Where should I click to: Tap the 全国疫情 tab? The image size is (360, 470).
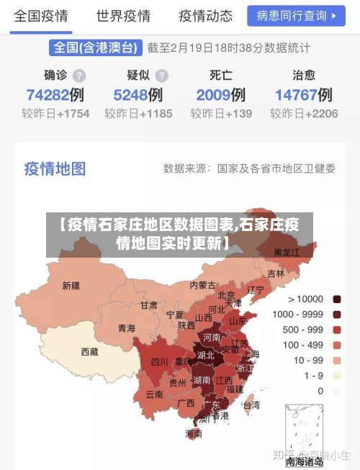point(41,16)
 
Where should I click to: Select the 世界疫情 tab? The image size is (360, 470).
point(123,16)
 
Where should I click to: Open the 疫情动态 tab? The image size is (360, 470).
point(205,16)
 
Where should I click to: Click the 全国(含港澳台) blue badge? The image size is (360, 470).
point(95,48)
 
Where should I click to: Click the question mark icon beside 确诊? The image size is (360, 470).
point(79,75)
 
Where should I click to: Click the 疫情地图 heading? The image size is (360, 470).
point(55,168)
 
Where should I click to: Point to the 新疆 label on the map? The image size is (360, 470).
point(71,286)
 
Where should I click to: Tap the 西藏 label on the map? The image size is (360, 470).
point(89,352)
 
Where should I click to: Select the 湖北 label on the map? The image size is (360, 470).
point(205,355)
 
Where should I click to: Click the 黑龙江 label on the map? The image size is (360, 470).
point(287,253)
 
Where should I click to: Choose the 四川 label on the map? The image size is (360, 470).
point(159,362)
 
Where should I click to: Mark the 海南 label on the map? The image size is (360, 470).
point(194,433)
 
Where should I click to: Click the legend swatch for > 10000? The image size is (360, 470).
point(336,299)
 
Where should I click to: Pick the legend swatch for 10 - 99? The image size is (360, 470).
point(336,360)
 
